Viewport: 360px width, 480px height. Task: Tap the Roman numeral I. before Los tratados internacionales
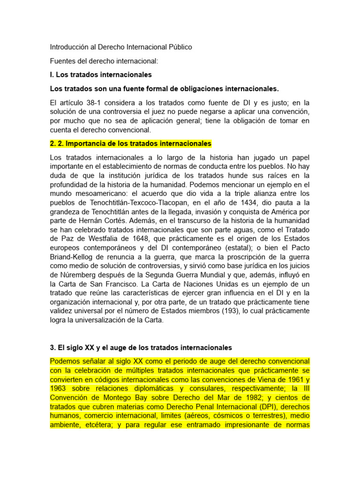[x=52, y=75]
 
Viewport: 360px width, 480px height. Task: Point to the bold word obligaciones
[x=177, y=89]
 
